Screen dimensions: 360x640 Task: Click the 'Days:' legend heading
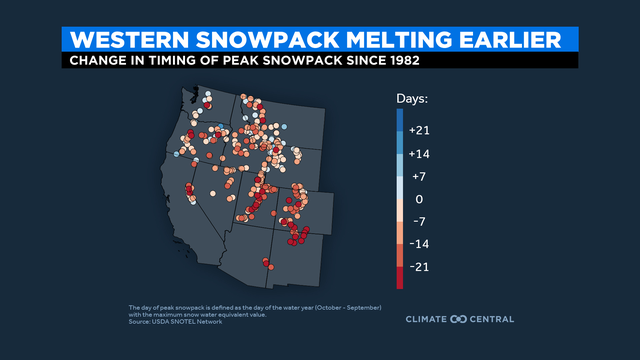click(x=412, y=99)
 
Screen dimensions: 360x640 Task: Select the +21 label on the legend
click(x=421, y=131)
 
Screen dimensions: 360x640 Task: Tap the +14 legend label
click(x=421, y=153)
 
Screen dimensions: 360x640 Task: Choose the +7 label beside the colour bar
click(x=419, y=176)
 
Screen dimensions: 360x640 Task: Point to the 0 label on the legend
click(x=419, y=199)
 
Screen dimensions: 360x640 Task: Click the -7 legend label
click(x=419, y=221)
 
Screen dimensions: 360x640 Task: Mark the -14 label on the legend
click(x=421, y=244)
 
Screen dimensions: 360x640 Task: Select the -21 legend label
click(x=421, y=267)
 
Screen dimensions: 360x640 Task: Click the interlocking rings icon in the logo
click(x=460, y=319)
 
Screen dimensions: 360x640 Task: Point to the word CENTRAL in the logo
click(x=493, y=319)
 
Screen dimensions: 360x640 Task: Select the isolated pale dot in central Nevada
click(x=214, y=191)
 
